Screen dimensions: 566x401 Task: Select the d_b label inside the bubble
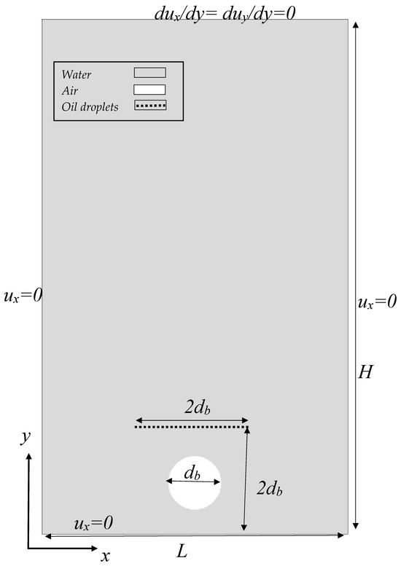point(192,473)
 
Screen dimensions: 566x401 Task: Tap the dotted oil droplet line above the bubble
point(191,427)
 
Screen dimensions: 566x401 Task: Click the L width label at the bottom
point(182,551)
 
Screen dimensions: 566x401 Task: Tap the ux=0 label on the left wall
point(23,295)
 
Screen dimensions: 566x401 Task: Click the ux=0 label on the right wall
point(377,301)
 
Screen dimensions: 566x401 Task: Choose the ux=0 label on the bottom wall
point(93,523)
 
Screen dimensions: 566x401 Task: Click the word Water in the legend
point(77,74)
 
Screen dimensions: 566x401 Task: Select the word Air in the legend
point(70,90)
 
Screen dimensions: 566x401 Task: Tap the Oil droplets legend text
point(90,107)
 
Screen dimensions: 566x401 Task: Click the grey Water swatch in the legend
point(149,73)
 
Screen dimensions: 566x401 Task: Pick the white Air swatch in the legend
point(149,90)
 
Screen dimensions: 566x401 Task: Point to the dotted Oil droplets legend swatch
point(149,106)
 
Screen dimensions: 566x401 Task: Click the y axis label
point(25,437)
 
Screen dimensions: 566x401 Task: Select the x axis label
point(105,557)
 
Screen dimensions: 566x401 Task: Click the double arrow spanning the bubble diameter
point(193,482)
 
